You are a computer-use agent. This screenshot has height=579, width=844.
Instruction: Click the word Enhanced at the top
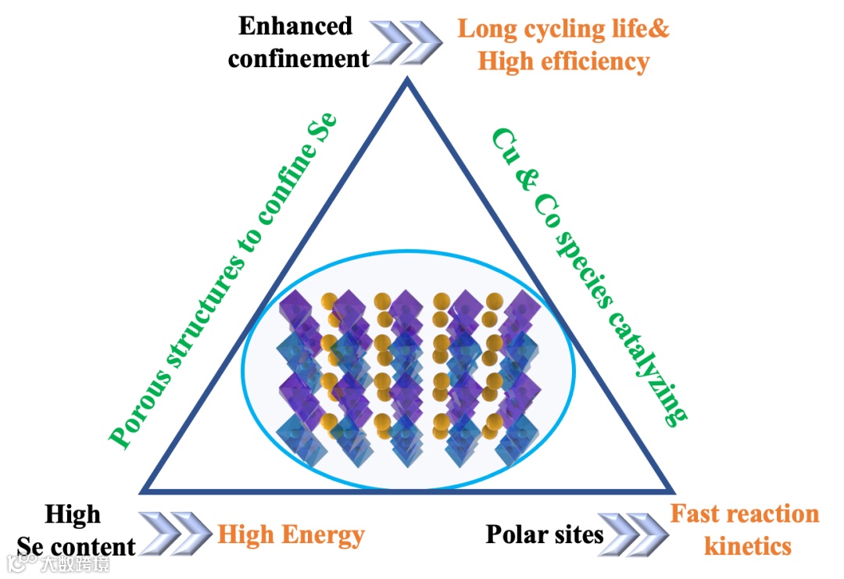point(295,26)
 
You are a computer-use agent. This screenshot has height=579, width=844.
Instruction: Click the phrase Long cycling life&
point(563,29)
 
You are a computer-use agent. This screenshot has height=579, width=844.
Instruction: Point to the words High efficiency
point(563,61)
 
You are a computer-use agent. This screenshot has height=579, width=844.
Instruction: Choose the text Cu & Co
point(520,175)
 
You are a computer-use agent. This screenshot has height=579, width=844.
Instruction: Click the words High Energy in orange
point(291,535)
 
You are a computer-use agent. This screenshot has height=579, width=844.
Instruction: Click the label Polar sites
point(545,534)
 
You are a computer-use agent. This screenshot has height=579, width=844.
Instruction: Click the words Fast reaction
point(745,514)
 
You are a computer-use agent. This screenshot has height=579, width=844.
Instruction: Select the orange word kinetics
point(748,545)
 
